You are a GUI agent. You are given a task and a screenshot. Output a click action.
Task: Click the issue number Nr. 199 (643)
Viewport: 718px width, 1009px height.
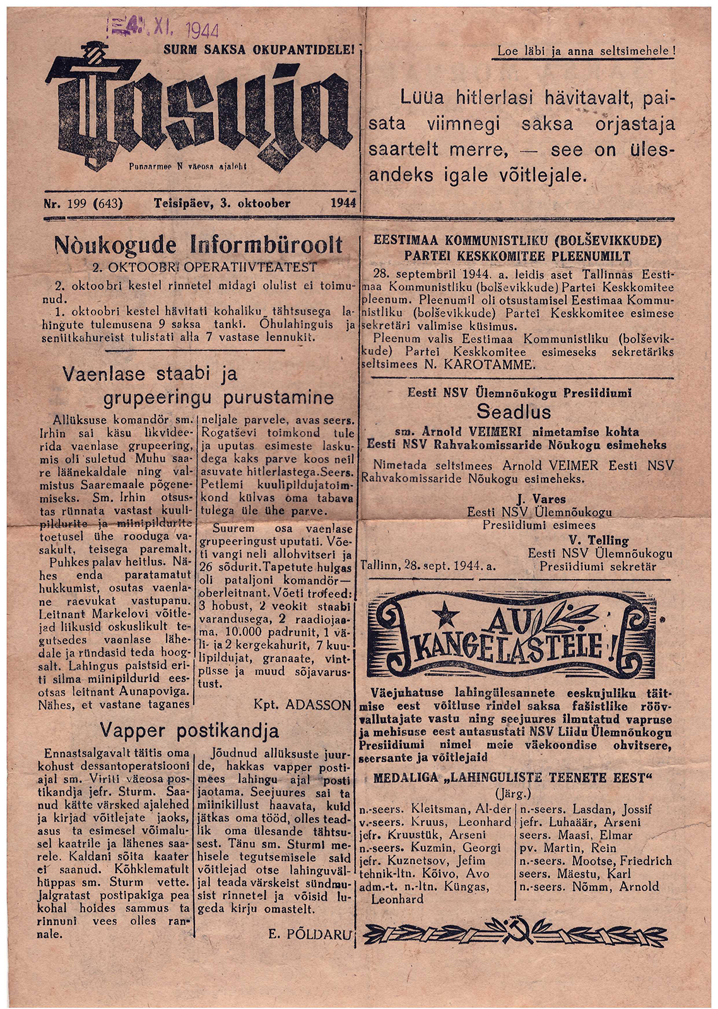point(83,203)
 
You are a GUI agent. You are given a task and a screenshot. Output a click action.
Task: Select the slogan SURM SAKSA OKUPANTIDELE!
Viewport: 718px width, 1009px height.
point(259,48)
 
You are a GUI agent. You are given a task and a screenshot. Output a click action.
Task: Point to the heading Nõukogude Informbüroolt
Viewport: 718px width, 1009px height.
point(199,245)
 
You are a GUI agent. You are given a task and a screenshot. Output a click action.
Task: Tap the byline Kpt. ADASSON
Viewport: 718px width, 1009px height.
point(302,704)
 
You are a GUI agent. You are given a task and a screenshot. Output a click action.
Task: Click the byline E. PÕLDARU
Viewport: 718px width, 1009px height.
point(309,934)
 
